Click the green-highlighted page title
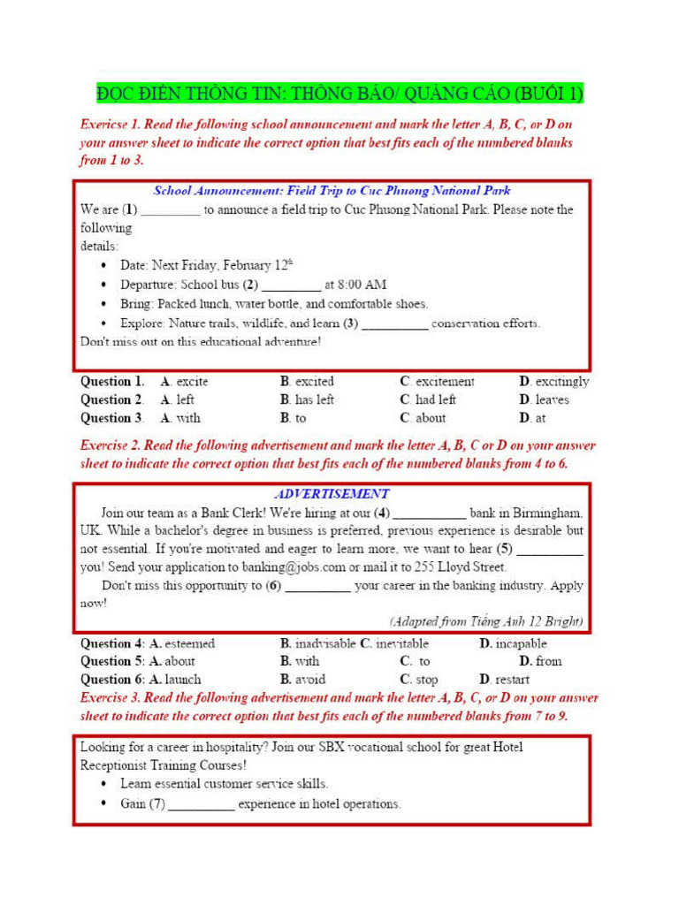(339, 94)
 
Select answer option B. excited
(307, 382)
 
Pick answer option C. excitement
(437, 382)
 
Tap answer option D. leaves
(544, 399)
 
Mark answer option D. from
(539, 661)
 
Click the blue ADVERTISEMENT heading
(332, 494)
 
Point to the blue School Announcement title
(332, 190)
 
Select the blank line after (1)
(171, 212)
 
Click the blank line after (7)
(202, 805)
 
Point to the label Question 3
(112, 418)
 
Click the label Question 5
(112, 661)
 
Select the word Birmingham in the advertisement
(548, 512)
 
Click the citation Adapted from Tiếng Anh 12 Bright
(486, 621)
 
